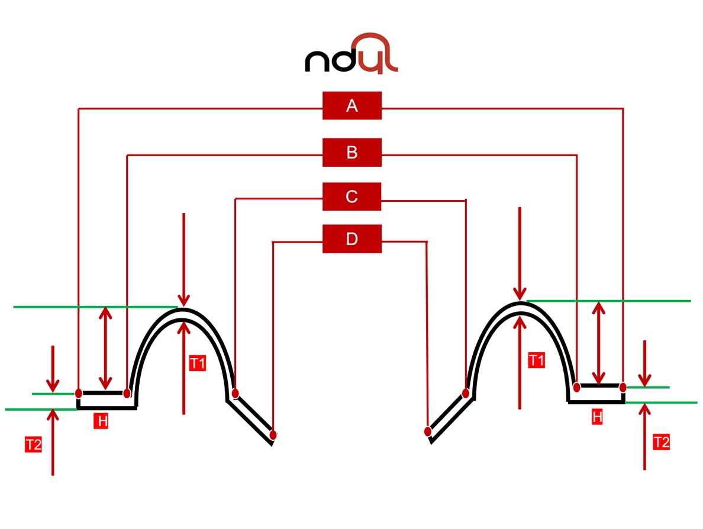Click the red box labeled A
coord(352,106)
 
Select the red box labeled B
coord(352,153)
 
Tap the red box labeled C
coord(352,196)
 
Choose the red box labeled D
coord(352,239)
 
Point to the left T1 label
coord(197,363)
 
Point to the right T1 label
coord(536,360)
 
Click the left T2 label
coord(33,445)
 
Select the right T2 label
coord(661,441)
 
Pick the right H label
coord(597,417)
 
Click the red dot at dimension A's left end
coord(79,393)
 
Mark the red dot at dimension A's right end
coord(623,387)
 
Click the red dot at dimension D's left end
coord(273,435)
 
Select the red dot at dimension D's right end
coord(427,431)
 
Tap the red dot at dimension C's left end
coord(235,393)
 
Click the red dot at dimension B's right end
coord(577,387)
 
